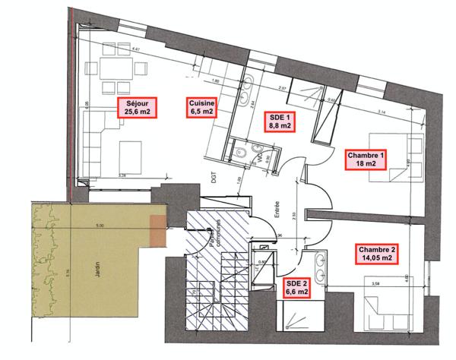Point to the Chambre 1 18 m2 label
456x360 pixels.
(366, 158)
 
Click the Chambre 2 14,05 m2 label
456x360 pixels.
(377, 254)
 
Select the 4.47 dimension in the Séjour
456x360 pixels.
(137, 49)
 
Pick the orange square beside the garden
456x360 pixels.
(158, 230)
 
